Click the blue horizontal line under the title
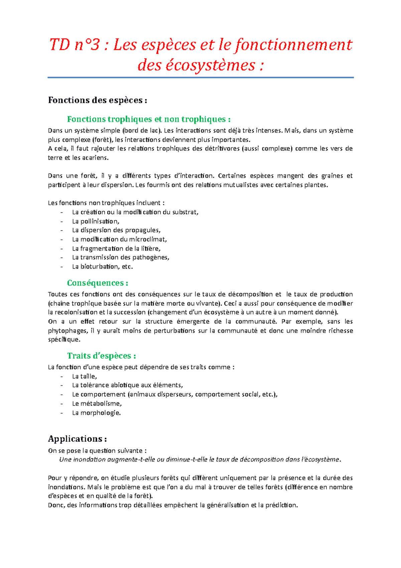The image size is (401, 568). (x=200, y=78)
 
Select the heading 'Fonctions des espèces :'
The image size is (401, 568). (x=97, y=100)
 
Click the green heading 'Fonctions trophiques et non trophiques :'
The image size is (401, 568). (x=149, y=119)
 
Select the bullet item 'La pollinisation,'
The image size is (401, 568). (x=96, y=221)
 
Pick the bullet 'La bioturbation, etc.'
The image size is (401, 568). (x=102, y=267)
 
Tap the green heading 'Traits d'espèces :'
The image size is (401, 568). (x=101, y=356)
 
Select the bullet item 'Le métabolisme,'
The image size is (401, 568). (x=97, y=403)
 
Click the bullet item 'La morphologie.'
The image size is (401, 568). (x=96, y=413)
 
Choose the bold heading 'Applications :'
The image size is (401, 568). (x=77, y=439)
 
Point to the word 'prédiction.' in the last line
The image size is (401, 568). (x=281, y=505)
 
